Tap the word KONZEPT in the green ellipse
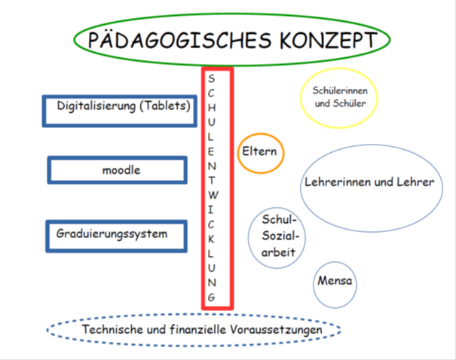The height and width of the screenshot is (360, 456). [x=329, y=40]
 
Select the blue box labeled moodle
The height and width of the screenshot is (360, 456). [x=117, y=170]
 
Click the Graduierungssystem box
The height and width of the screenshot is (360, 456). [x=116, y=236]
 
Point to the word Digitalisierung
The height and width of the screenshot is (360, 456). [x=96, y=106]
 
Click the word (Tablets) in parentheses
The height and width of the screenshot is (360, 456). [x=165, y=105]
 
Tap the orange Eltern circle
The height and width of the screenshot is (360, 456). [x=261, y=154]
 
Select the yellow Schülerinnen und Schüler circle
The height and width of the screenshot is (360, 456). [x=339, y=98]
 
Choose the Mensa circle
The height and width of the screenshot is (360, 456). [x=335, y=285]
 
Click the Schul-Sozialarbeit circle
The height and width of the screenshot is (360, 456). [x=277, y=238]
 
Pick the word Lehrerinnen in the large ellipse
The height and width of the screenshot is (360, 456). [x=338, y=182]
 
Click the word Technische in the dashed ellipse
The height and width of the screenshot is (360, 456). [x=113, y=329]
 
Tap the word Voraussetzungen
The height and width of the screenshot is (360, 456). [x=276, y=330]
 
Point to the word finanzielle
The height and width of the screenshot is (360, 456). [x=198, y=329]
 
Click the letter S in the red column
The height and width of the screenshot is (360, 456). [x=212, y=79]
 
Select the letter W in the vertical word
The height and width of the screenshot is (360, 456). [x=213, y=195]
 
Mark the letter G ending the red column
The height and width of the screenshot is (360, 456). [x=212, y=297]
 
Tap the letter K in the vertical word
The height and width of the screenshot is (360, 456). [x=212, y=239]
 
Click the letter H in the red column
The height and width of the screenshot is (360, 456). [x=212, y=108]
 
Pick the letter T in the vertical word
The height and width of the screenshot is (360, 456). [x=212, y=181]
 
